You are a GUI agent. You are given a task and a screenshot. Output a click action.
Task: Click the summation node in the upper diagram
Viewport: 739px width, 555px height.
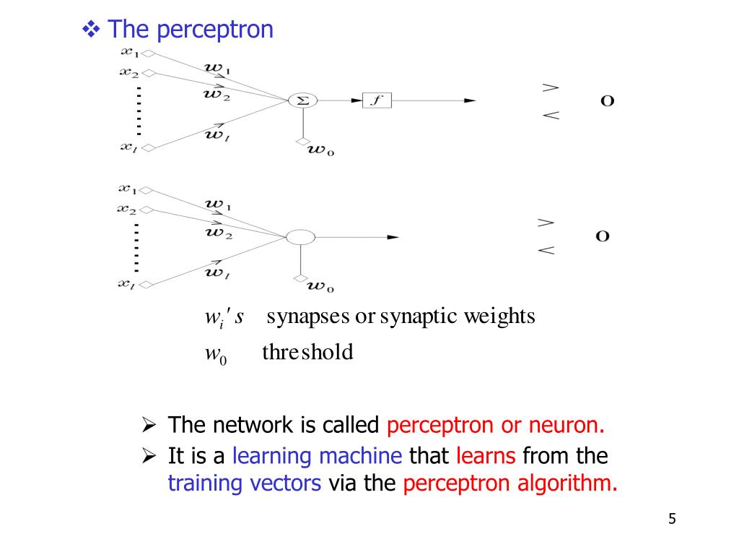point(302,101)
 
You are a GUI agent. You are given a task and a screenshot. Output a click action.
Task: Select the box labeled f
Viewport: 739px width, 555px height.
point(376,101)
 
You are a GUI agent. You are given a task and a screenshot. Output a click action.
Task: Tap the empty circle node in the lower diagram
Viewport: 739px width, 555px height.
point(301,237)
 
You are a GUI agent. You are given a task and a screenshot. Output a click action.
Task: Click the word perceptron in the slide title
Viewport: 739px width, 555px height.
point(215,30)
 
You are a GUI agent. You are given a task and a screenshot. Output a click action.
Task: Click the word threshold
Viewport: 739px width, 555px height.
point(307,353)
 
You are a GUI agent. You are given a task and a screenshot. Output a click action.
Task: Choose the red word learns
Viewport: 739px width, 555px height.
point(486,456)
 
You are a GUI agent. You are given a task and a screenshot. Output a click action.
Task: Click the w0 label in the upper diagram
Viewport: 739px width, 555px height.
point(321,150)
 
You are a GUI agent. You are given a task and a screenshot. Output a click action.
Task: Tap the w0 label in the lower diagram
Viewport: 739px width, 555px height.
point(320,287)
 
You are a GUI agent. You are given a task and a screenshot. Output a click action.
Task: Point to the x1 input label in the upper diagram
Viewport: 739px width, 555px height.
point(129,52)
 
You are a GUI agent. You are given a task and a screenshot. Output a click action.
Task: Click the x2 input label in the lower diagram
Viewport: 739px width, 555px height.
point(128,209)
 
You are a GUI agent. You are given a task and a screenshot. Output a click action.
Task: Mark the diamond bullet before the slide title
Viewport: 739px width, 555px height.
point(91,30)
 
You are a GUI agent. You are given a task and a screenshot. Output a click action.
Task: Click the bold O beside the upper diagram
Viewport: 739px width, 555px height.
point(608,101)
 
